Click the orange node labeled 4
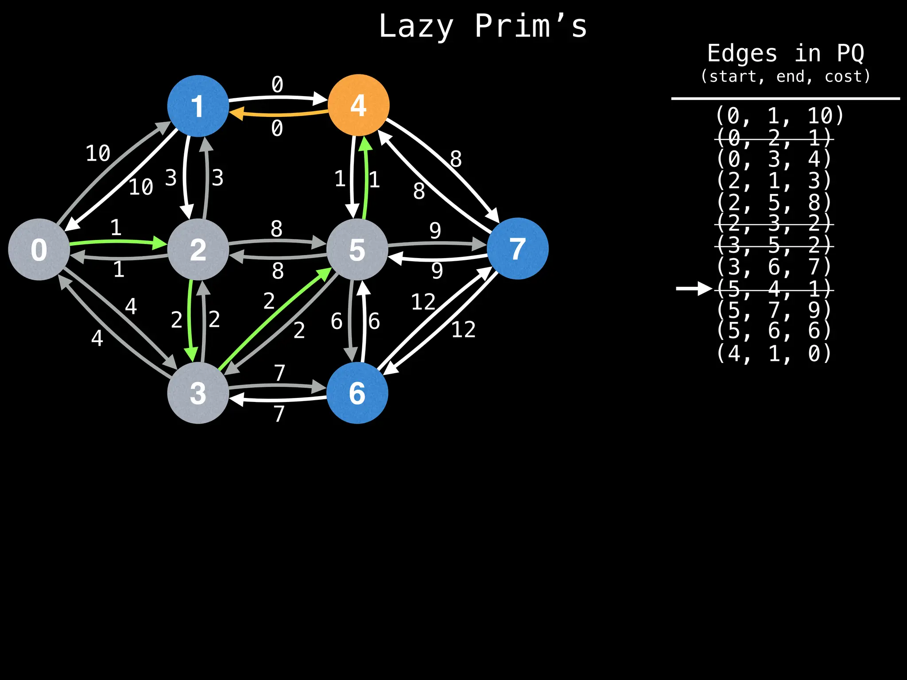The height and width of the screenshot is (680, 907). (x=358, y=105)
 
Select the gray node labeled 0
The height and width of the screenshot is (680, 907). (x=39, y=249)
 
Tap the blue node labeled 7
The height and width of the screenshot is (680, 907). (x=517, y=248)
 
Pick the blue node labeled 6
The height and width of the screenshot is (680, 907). (x=357, y=393)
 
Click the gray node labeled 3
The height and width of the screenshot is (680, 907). (x=198, y=393)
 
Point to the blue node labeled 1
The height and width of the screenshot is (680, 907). (x=198, y=106)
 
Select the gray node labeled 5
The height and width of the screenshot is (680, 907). (x=357, y=249)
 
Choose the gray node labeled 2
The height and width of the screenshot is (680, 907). (x=198, y=249)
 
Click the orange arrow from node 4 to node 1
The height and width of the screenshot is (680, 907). (x=279, y=114)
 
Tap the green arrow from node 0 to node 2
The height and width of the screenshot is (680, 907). (x=118, y=242)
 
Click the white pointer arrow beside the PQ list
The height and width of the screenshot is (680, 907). (x=694, y=289)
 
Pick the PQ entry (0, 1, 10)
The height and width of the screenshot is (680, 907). (x=779, y=116)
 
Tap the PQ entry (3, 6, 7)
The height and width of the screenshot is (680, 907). (x=774, y=267)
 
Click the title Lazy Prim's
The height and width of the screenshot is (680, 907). (x=483, y=27)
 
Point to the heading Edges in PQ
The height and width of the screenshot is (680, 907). (x=785, y=54)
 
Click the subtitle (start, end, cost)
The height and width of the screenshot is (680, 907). (x=785, y=77)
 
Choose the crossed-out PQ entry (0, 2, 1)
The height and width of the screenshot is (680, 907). (x=774, y=138)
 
